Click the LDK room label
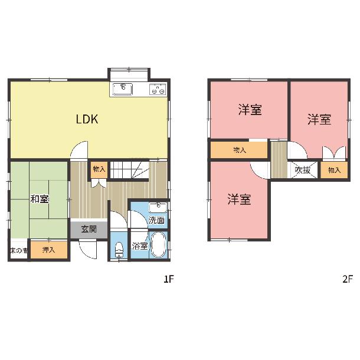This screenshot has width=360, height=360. tap(87, 119)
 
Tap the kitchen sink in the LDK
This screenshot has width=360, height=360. tap(123, 89)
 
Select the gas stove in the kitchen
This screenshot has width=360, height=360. tap(158, 89)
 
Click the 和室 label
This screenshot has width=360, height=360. tap(40, 199)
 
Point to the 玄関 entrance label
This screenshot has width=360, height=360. tap(89, 229)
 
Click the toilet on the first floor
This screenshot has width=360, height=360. tap(119, 250)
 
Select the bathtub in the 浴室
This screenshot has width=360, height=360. tap(159, 244)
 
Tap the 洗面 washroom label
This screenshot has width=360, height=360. tap(156, 220)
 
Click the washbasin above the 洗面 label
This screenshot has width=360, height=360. tap(158, 208)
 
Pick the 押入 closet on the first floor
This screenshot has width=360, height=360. tap(48, 250)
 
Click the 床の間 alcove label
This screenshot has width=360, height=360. tap(19, 250)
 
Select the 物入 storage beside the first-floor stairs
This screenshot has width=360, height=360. tap(99, 169)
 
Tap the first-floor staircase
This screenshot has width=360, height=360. tap(130, 170)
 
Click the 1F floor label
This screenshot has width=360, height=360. tap(169, 279)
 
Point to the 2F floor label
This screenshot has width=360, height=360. tap(348, 279)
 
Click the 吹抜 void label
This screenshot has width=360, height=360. tap(303, 170)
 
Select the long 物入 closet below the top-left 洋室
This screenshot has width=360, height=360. tap(239, 150)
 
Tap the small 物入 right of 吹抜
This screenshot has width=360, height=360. tap(334, 170)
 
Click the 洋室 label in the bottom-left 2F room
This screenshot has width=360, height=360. tap(239, 199)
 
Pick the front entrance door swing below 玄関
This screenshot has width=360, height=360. tap(87, 249)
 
